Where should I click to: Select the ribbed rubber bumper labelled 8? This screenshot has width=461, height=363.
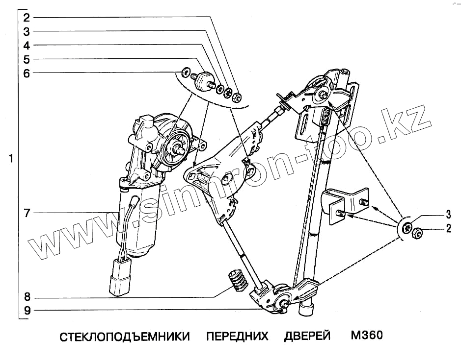coord(238,280)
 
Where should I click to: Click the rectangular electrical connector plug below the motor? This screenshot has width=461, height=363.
coord(119,277)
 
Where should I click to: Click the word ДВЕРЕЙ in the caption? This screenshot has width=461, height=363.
coord(307,337)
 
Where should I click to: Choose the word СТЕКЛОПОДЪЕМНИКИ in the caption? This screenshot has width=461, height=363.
coord(125,337)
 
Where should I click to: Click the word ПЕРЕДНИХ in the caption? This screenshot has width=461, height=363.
coord(237,337)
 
